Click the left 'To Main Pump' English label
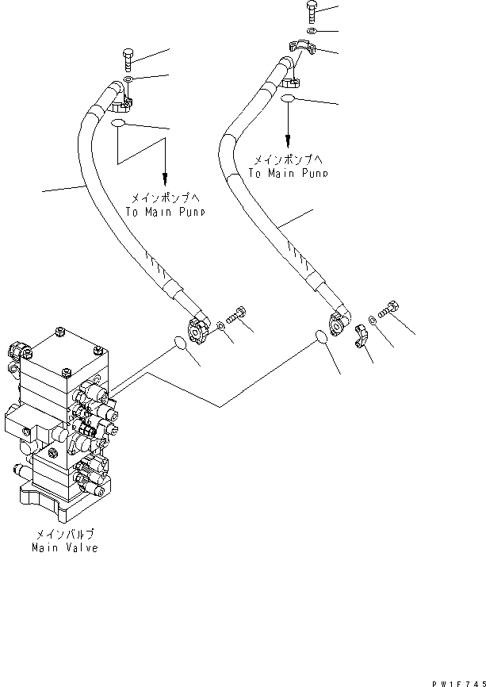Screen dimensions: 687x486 [x=165, y=212]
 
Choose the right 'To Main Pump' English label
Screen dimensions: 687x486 [x=288, y=172]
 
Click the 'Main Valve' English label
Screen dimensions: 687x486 [x=65, y=548]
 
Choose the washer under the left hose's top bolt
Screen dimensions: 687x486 [x=128, y=79]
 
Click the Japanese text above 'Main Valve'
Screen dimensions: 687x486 [x=65, y=535]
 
